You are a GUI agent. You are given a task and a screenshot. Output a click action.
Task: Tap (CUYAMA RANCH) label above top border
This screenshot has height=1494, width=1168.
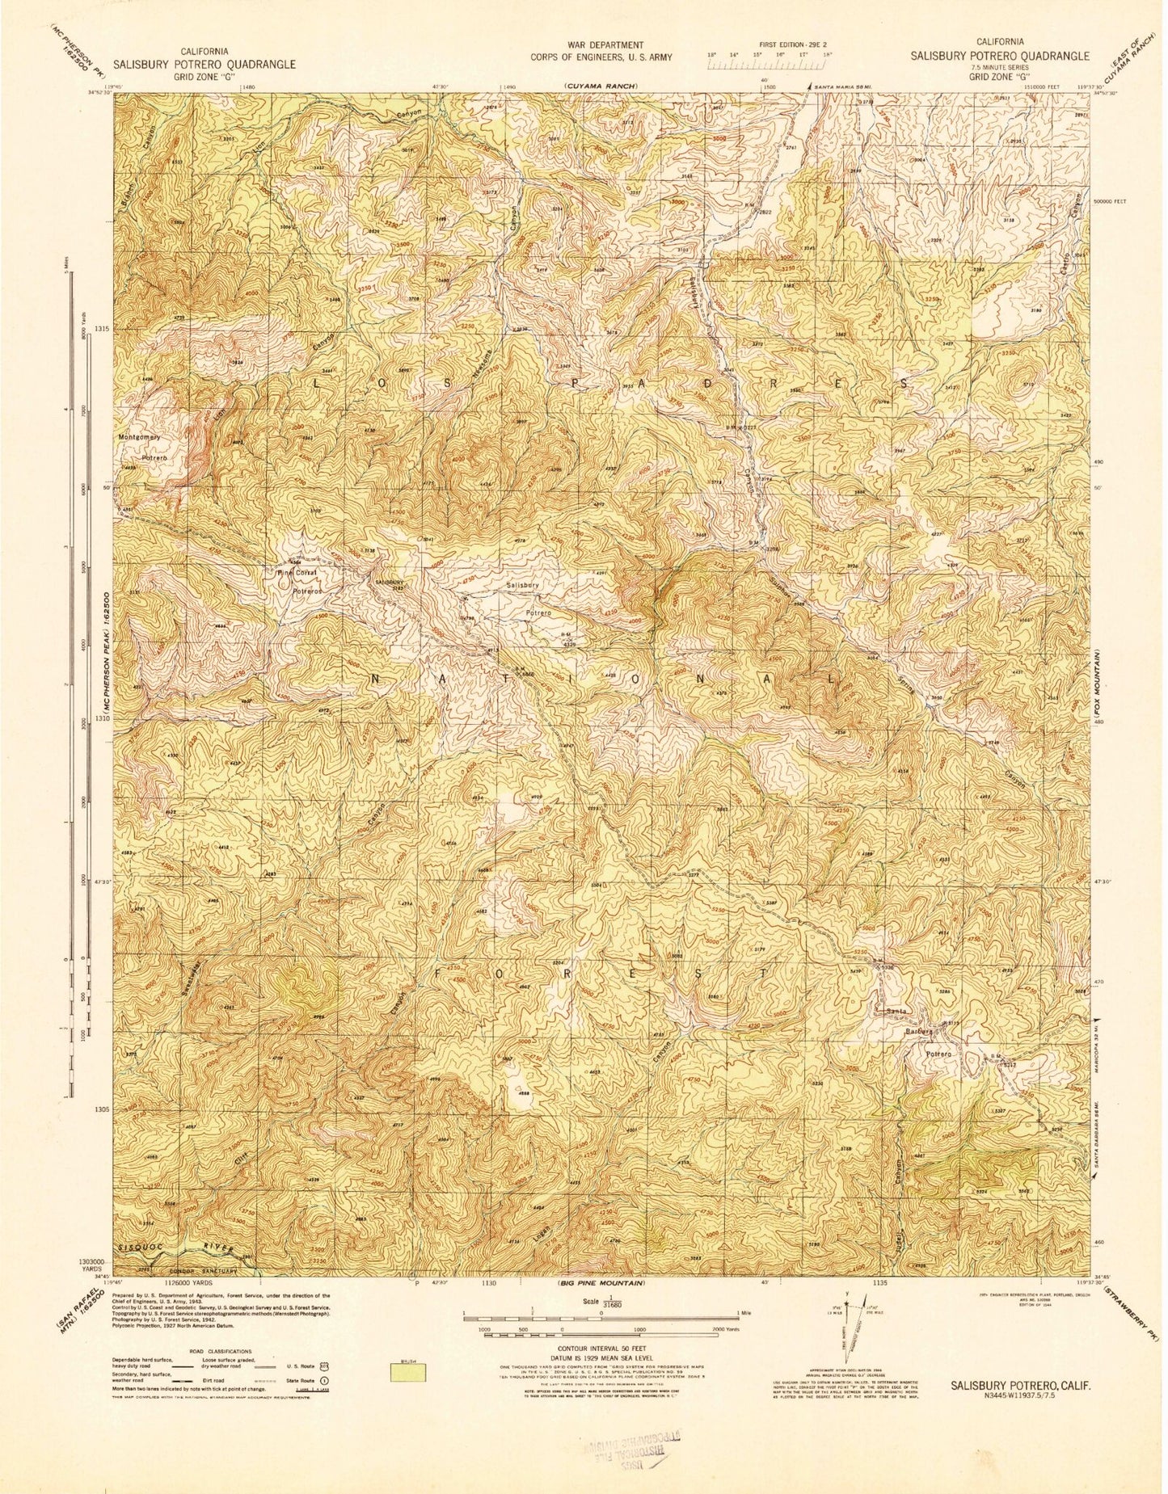[x=601, y=86]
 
